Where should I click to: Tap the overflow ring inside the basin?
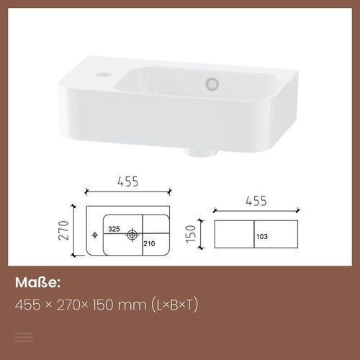pos(212,84)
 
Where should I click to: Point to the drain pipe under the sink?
pos(201,153)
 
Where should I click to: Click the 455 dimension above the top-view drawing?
pos(128,181)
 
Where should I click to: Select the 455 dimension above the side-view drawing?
pos(256,201)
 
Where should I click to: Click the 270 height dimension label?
pos(64,230)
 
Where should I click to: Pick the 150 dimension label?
pos(191,234)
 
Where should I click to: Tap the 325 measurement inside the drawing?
pos(114,229)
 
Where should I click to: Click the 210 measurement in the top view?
pos(149,243)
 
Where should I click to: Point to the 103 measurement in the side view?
pos(262,237)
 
